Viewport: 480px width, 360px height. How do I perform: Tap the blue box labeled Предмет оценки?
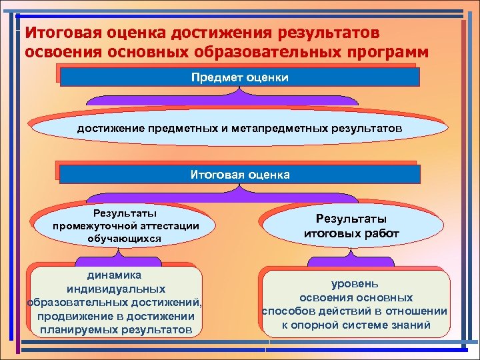(x=240, y=78)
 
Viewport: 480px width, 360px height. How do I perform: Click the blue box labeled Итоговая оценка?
(x=240, y=175)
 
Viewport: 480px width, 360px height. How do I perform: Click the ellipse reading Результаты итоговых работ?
(x=351, y=227)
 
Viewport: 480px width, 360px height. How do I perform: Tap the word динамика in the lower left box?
(x=115, y=275)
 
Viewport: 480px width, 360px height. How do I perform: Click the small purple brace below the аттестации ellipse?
(x=117, y=255)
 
